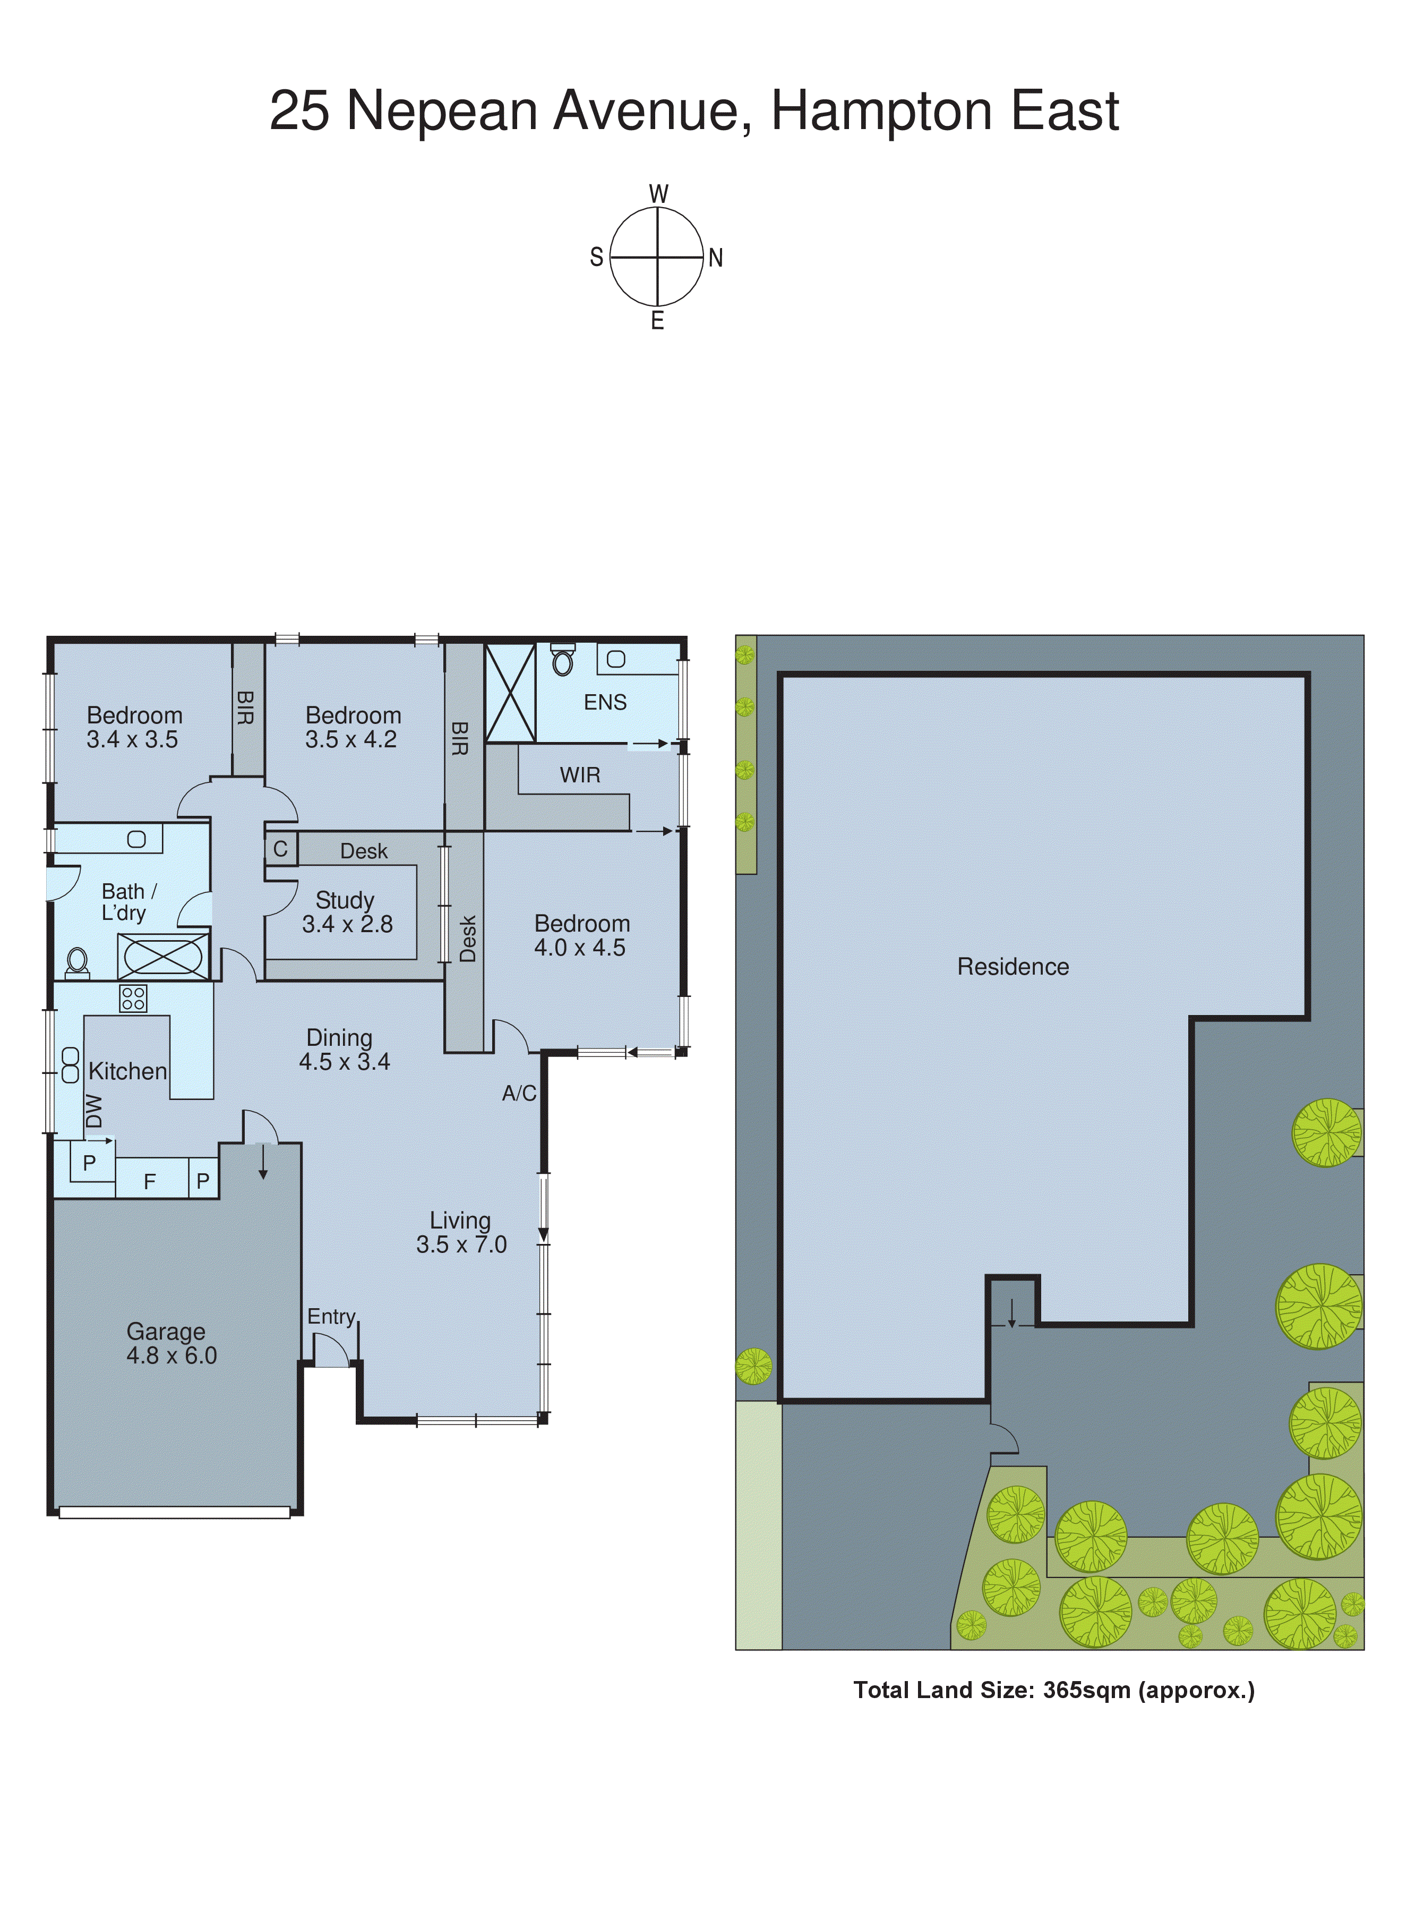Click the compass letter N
tap(715, 258)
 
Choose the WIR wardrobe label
tap(580, 775)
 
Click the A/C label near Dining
tap(519, 1093)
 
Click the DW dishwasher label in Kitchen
tap(93, 1111)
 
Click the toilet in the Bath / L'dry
tap(78, 962)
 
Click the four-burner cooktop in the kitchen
tap(133, 997)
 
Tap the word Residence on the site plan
tap(1013, 967)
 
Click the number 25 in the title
tap(299, 111)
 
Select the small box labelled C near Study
tap(280, 849)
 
